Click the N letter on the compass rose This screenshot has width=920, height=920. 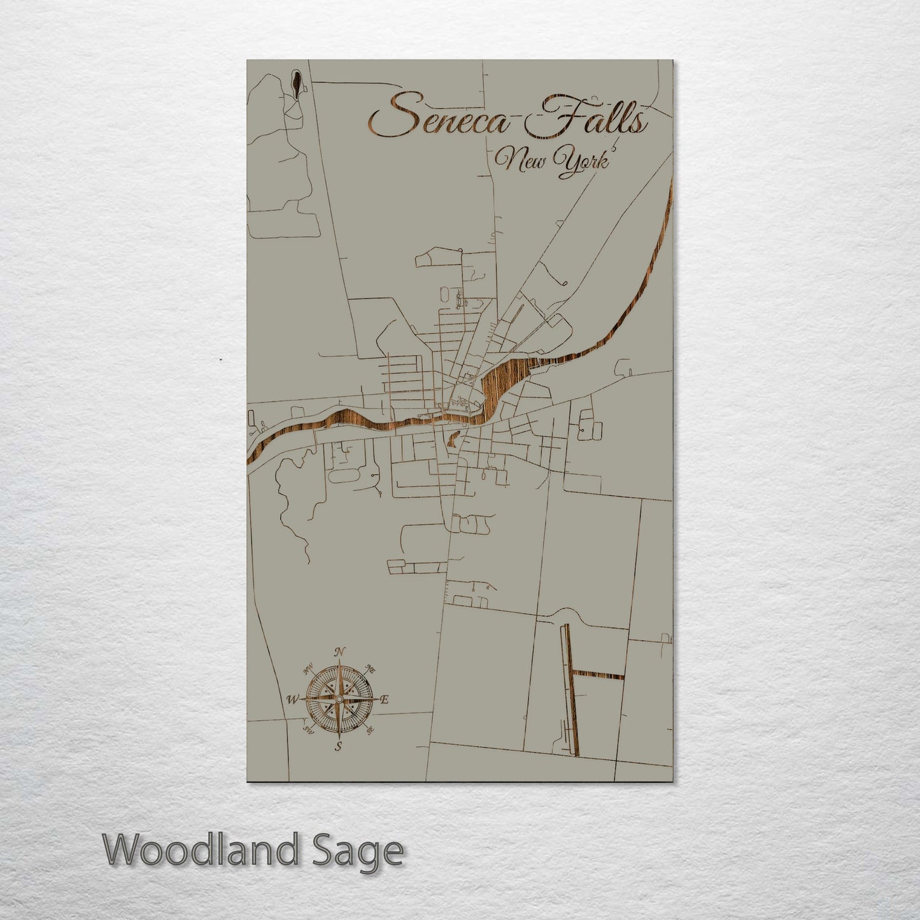340,651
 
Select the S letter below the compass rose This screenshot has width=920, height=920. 339,747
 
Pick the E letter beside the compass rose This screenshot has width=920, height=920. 384,700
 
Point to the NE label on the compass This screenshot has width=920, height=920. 371,669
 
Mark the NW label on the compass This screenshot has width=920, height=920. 309,669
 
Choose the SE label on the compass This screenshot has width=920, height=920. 371,730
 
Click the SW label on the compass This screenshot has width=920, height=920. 308,730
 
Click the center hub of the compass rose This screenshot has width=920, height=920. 339,699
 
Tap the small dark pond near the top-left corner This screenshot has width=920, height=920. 296,81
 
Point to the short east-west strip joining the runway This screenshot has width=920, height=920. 598,675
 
